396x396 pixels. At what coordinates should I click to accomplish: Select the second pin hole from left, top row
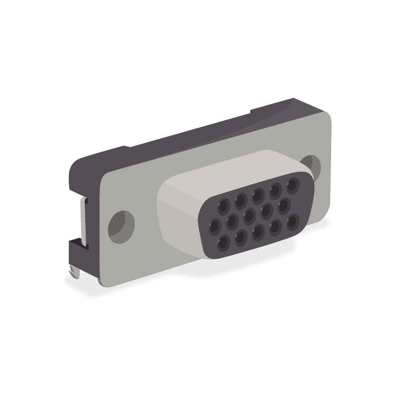click(241, 200)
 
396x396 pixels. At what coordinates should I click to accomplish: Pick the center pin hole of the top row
click(258, 195)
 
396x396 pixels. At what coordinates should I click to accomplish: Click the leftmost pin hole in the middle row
click(214, 226)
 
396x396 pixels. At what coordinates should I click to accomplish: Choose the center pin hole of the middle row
click(249, 216)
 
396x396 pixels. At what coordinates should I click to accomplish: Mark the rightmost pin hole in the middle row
click(284, 204)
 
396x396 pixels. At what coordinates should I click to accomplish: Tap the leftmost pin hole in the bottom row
click(224, 243)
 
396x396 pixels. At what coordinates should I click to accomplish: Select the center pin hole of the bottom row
click(258, 232)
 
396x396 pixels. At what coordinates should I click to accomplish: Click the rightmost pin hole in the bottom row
click(293, 221)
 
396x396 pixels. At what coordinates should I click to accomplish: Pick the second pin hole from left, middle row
click(232, 221)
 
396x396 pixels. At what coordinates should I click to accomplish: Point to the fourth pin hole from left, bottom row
click(276, 227)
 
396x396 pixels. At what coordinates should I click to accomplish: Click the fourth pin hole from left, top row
click(276, 190)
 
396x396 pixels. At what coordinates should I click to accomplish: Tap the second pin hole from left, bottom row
click(241, 238)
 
